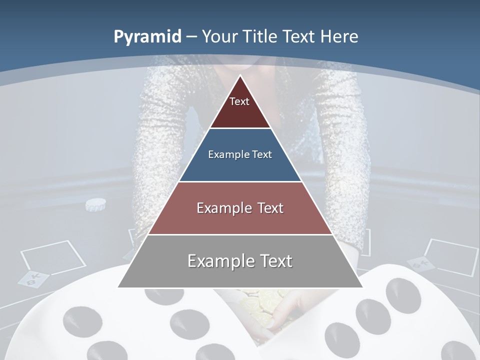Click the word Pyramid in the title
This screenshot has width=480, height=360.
pos(147,36)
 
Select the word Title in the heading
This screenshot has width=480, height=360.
pos(260,36)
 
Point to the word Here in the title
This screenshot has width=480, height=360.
pos(340,36)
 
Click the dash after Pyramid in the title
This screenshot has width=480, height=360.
pos(191,37)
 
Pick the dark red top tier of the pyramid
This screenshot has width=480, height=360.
pos(240,107)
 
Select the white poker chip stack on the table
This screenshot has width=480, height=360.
pos(95,204)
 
